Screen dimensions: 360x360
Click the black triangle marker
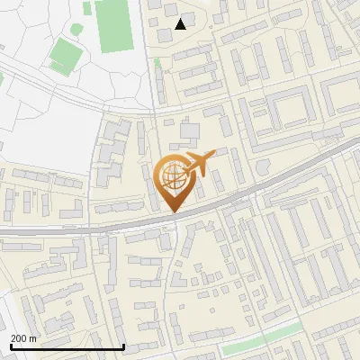click(x=181, y=24)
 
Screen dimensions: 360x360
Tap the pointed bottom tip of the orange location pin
click(x=174, y=211)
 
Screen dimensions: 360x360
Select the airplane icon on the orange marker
click(x=199, y=165)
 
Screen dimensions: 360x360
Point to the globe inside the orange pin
click(x=173, y=175)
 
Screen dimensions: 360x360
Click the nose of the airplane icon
click(x=213, y=157)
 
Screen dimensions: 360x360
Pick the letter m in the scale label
click(x=33, y=337)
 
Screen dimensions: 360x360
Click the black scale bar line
click(x=67, y=346)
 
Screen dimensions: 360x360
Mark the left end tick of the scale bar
click(x=12, y=346)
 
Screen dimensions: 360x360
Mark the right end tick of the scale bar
click(x=123, y=346)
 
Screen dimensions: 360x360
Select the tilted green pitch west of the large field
click(x=64, y=55)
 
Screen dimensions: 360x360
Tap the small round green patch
click(x=157, y=63)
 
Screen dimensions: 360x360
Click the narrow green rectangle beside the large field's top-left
click(x=86, y=7)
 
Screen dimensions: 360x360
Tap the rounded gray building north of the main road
click(x=262, y=168)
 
